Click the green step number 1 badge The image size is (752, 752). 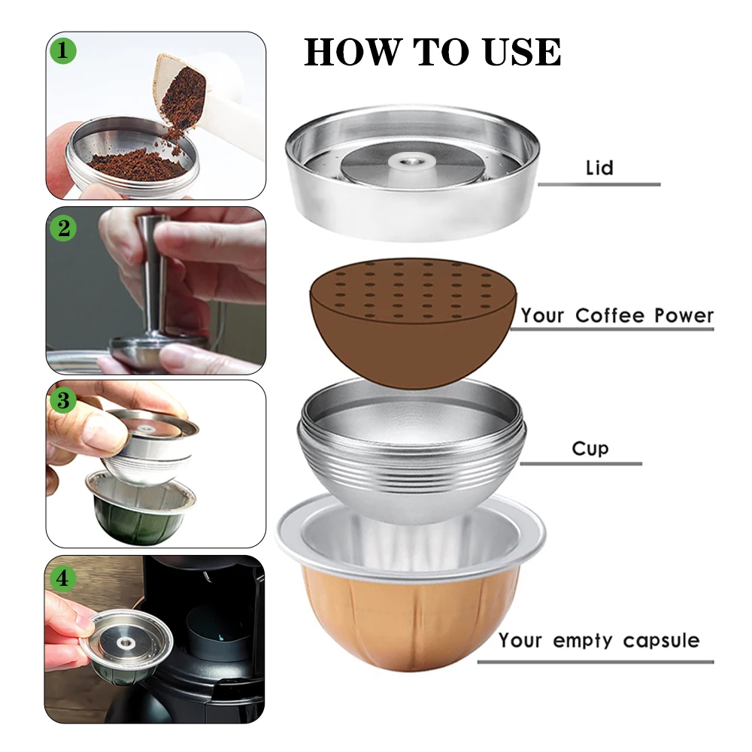click(63, 50)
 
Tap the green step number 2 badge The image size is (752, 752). click(63, 228)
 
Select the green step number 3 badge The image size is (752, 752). click(63, 401)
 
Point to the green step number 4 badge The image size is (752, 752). click(63, 578)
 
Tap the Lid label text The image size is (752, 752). click(599, 168)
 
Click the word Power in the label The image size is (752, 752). click(684, 316)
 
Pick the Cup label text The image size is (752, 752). click(590, 449)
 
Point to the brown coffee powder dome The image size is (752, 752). click(412, 323)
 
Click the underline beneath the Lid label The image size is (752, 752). click(599, 184)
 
